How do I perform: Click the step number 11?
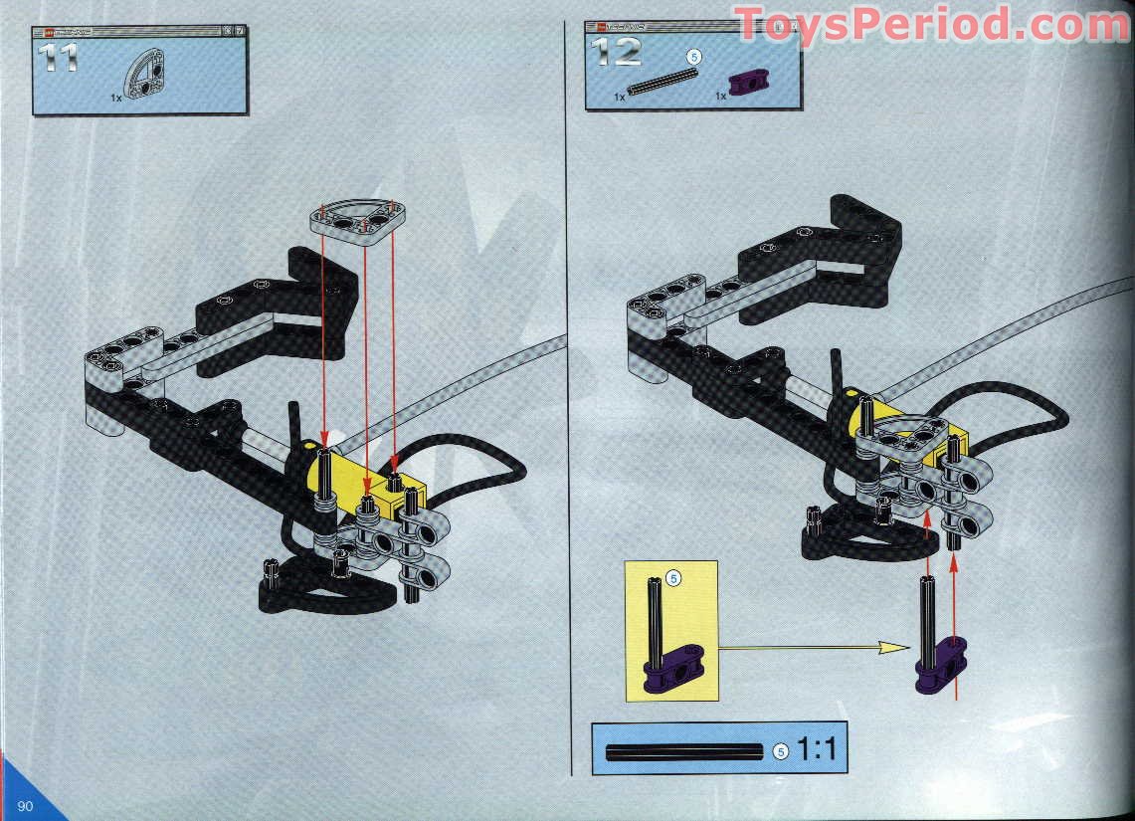58,55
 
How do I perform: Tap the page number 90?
24,805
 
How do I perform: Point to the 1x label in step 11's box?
117,100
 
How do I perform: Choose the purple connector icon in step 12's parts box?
743,84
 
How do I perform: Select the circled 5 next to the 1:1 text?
781,751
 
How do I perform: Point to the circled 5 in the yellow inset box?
673,577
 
